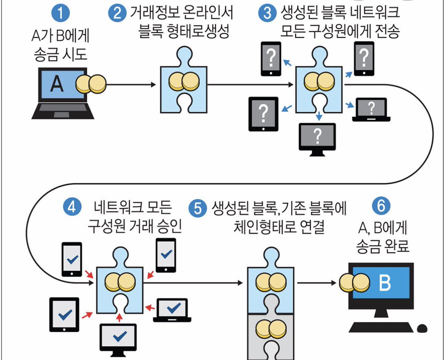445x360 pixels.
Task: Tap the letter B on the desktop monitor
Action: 385,284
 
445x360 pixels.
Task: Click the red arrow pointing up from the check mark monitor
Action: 119,318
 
